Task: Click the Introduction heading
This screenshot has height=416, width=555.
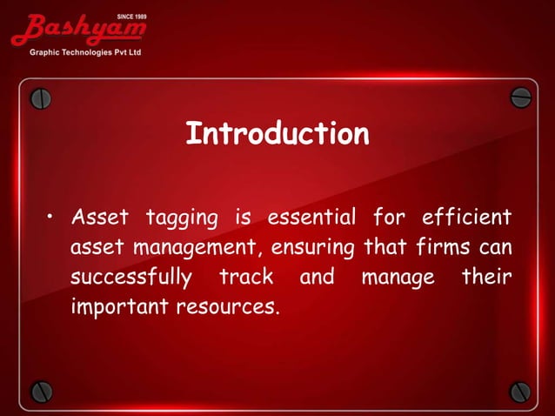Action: tap(277, 134)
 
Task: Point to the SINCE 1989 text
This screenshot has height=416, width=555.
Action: tap(130, 16)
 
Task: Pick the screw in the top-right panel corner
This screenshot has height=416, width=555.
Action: tap(520, 97)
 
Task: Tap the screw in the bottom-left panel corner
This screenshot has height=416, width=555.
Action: tap(41, 392)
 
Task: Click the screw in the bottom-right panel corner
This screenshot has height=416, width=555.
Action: tap(520, 392)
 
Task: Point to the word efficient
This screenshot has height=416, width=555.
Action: tap(465, 216)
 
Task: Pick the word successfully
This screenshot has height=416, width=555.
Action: tap(130, 278)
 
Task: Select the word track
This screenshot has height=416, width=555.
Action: tap(246, 278)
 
